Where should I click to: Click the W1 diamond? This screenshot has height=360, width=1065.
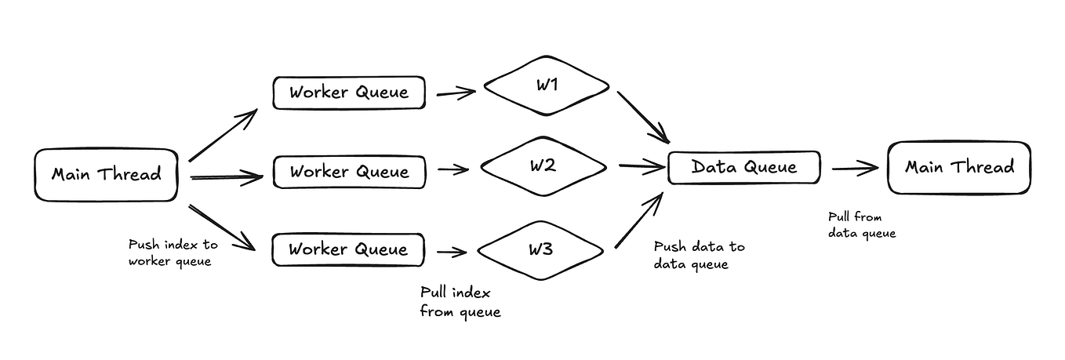pyautogui.click(x=547, y=85)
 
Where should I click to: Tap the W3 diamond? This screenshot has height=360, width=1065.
pyautogui.click(x=541, y=250)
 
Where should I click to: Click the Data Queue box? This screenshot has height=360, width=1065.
pyautogui.click(x=743, y=167)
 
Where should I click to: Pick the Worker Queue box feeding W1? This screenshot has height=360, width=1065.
pyautogui.click(x=349, y=93)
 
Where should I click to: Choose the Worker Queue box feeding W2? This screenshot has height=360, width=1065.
pyautogui.click(x=349, y=172)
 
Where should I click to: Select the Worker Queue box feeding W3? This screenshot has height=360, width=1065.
pyautogui.click(x=349, y=250)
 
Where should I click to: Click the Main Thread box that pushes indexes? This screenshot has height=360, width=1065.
pyautogui.click(x=106, y=174)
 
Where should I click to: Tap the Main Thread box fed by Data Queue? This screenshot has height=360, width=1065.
pyautogui.click(x=958, y=167)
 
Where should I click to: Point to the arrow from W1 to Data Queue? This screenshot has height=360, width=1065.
pyautogui.click(x=642, y=118)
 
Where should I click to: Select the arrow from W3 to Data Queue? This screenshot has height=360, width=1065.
pyautogui.click(x=639, y=221)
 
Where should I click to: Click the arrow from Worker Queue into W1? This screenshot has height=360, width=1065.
pyautogui.click(x=456, y=93)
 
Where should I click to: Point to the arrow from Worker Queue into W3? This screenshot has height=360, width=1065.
pyautogui.click(x=453, y=252)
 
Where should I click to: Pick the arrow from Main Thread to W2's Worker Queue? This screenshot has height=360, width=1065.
pyautogui.click(x=226, y=178)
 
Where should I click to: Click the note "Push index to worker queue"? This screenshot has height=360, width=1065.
pyautogui.click(x=169, y=253)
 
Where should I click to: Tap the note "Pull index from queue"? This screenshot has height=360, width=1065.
pyautogui.click(x=460, y=302)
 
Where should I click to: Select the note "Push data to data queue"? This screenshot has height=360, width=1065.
pyautogui.click(x=699, y=255)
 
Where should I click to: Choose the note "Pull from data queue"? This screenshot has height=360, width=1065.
pyautogui.click(x=861, y=225)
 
